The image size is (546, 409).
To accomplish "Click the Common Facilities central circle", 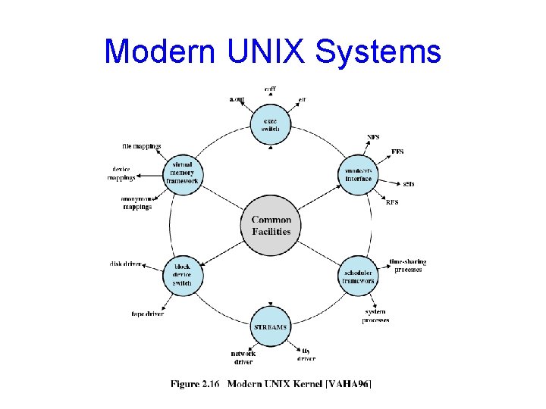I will pyautogui.click(x=271, y=226).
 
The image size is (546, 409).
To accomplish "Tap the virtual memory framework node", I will pyautogui.click(x=182, y=174).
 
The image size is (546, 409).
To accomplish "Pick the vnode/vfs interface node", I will pyautogui.click(x=358, y=174).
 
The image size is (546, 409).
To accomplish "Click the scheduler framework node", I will pyautogui.click(x=358, y=276).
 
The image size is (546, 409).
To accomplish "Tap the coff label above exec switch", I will pyautogui.click(x=270, y=89).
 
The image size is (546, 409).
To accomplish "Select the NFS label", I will pyautogui.click(x=374, y=137).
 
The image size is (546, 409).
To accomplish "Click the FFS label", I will pyautogui.click(x=397, y=151).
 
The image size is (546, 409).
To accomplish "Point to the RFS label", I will pyautogui.click(x=392, y=202).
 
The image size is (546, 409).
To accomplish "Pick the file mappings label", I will pyautogui.click(x=142, y=146).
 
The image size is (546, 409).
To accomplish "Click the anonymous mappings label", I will pyautogui.click(x=137, y=203).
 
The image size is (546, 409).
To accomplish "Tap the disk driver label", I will pyautogui.click(x=125, y=264).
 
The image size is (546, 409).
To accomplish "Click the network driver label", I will pyautogui.click(x=243, y=357).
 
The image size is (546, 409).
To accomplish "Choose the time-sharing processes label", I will pyautogui.click(x=407, y=265).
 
